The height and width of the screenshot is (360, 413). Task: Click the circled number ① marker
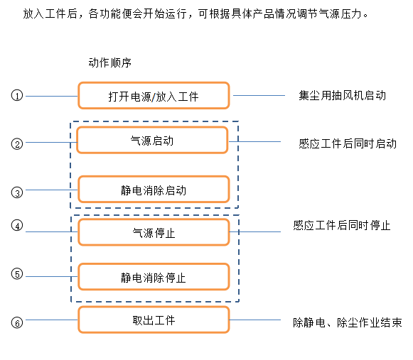tap(17, 95)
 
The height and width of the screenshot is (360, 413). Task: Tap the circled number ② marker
tap(17, 143)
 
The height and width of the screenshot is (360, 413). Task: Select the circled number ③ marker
tap(17, 192)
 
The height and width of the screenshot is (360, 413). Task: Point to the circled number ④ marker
tap(17, 225)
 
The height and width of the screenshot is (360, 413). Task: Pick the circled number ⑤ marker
tap(17, 273)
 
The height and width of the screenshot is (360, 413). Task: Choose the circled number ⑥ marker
tap(17, 322)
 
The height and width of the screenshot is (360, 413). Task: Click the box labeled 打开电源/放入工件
tap(154, 96)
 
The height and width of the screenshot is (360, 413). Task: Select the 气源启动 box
tap(152, 140)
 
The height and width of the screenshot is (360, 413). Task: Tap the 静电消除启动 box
tap(154, 189)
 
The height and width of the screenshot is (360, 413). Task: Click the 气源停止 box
tap(154, 232)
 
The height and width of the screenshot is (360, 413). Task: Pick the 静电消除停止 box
tap(154, 277)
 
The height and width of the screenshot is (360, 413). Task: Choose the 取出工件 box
tap(154, 320)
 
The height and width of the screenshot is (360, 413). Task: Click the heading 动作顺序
tap(110, 62)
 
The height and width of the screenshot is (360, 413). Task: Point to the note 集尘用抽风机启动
tap(343, 95)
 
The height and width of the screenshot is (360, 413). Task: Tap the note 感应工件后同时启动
tap(348, 143)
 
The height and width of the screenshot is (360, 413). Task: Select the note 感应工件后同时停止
tap(342, 226)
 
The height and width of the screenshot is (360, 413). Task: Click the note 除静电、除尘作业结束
tap(348, 322)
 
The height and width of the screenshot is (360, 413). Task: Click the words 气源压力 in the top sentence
tap(340, 13)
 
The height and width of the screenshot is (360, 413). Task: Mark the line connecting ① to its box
tap(52, 96)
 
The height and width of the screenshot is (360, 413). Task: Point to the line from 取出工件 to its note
tap(255, 320)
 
